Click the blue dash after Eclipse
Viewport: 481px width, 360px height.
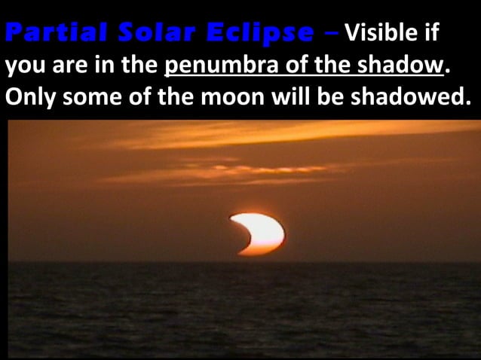pyautogui.click(x=330, y=33)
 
